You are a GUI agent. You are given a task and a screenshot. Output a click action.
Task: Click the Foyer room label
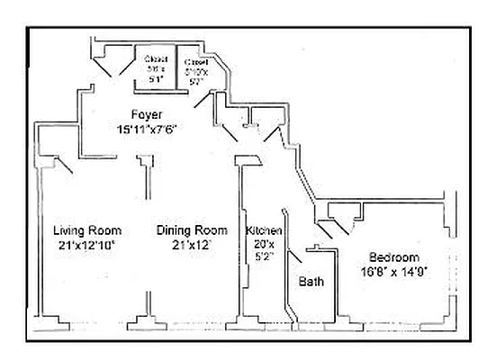(146, 114)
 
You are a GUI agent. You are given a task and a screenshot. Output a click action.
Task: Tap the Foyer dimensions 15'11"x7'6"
(146, 128)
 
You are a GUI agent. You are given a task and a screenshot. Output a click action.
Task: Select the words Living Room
(86, 229)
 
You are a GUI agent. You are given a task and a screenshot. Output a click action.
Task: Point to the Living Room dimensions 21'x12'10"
(86, 244)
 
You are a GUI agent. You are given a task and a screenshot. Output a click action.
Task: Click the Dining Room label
(192, 229)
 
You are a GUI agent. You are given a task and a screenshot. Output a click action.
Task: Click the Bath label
(311, 282)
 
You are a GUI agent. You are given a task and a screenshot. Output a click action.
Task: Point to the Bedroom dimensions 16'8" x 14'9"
(393, 270)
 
